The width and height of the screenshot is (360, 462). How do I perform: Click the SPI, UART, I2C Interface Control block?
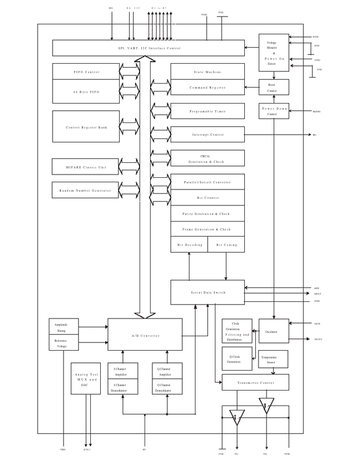(148, 48)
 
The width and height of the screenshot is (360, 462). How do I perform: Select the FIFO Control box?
(86, 71)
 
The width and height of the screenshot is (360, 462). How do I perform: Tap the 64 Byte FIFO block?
(86, 91)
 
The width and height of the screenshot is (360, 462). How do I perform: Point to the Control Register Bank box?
(86, 127)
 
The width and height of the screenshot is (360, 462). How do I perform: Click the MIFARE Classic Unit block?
(86, 167)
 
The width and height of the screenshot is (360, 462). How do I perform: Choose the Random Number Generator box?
(85, 190)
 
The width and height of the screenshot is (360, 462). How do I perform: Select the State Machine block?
(207, 71)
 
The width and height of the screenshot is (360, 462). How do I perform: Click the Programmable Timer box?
(207, 111)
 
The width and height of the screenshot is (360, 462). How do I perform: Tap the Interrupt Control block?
(207, 135)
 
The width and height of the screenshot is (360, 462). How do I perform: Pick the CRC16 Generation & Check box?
(207, 158)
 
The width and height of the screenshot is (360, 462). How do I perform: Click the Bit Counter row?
(207, 198)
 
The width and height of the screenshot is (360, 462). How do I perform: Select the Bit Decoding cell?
(189, 244)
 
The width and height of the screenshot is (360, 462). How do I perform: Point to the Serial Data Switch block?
(207, 292)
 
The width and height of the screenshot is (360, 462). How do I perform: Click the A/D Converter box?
(145, 335)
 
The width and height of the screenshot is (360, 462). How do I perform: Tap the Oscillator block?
(274, 331)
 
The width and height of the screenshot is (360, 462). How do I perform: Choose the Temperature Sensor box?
(273, 359)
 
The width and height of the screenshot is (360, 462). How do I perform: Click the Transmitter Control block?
(255, 382)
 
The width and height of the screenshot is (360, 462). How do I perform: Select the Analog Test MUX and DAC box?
(86, 379)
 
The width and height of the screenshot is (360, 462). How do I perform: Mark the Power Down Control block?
(274, 111)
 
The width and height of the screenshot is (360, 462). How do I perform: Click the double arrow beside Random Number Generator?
(129, 190)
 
